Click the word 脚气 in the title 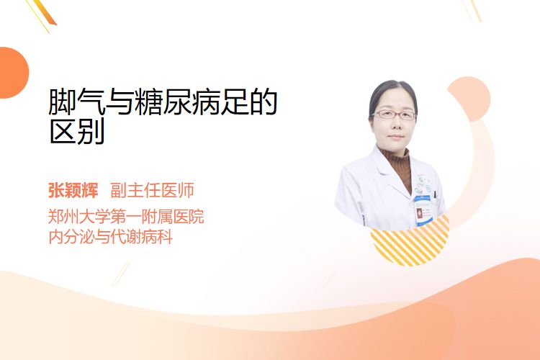tap(76, 102)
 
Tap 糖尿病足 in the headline tap(192, 102)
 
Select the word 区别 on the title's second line tap(77, 131)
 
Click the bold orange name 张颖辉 tap(73, 190)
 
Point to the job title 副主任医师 tap(152, 190)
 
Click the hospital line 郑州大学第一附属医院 tap(126, 216)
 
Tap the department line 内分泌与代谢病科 tap(111, 237)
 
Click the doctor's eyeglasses tap(395, 114)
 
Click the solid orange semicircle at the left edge tap(14, 73)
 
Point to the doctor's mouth tap(396, 137)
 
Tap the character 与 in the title tap(120, 102)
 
